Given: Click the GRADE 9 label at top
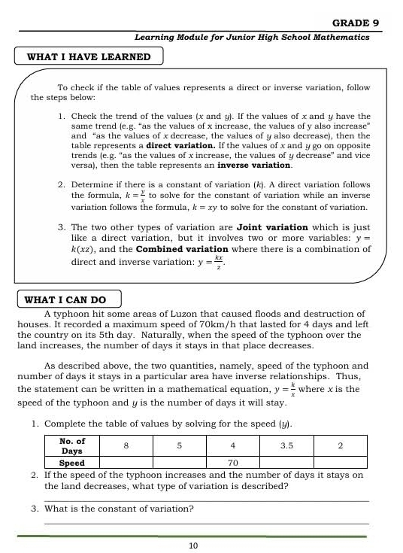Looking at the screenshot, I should [x=350, y=23].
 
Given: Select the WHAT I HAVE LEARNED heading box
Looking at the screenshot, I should [x=89, y=57].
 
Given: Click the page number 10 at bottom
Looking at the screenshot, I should [x=193, y=545].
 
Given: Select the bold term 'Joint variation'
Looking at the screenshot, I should [x=272, y=226].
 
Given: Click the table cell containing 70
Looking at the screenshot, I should [x=233, y=463].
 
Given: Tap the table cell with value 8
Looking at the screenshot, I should [x=126, y=445].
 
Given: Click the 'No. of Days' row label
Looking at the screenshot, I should [x=72, y=445].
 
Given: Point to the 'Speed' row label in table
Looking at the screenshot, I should [x=72, y=463].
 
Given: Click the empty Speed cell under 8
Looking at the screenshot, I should [x=126, y=463].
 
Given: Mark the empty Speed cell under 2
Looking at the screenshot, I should [x=340, y=463].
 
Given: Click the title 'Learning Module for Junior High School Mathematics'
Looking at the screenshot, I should [x=252, y=37].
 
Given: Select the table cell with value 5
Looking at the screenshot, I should [x=180, y=445].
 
